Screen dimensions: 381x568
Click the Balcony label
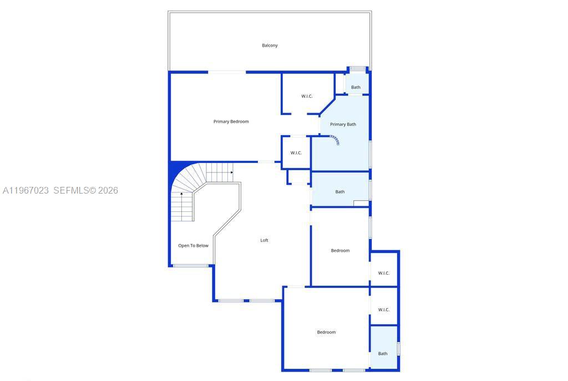(270, 45)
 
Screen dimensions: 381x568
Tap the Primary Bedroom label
(231, 121)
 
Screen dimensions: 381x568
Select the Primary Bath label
(343, 124)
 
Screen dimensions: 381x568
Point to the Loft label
(264, 240)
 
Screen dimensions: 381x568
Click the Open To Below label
(193, 246)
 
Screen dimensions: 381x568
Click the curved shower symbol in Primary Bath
(335, 140)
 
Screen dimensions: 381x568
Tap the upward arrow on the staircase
(181, 195)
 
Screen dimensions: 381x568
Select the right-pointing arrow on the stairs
(231, 172)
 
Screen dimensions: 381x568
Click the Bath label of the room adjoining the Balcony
(356, 87)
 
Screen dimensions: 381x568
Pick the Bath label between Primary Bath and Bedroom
(339, 192)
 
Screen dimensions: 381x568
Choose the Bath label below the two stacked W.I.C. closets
(383, 353)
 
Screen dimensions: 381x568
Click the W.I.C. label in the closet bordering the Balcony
(307, 96)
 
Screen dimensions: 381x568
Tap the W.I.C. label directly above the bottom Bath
(383, 309)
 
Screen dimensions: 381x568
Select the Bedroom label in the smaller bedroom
(340, 251)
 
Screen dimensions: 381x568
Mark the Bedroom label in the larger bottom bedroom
(326, 332)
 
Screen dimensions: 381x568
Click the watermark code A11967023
(26, 190)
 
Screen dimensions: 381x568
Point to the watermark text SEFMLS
(71, 190)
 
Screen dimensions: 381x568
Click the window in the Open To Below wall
(191, 266)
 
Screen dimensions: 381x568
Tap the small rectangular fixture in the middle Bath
(361, 204)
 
